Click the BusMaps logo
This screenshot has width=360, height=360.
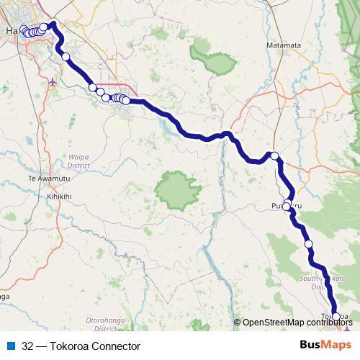[325, 346]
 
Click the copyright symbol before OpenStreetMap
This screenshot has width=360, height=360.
[238, 323]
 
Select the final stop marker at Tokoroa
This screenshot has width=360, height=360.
[336, 317]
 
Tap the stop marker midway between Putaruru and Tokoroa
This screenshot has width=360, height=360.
[309, 244]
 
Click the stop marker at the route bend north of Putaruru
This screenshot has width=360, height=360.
[274, 155]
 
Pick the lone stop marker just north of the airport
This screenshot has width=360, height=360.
[66, 56]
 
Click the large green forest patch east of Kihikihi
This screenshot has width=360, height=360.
[176, 189]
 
